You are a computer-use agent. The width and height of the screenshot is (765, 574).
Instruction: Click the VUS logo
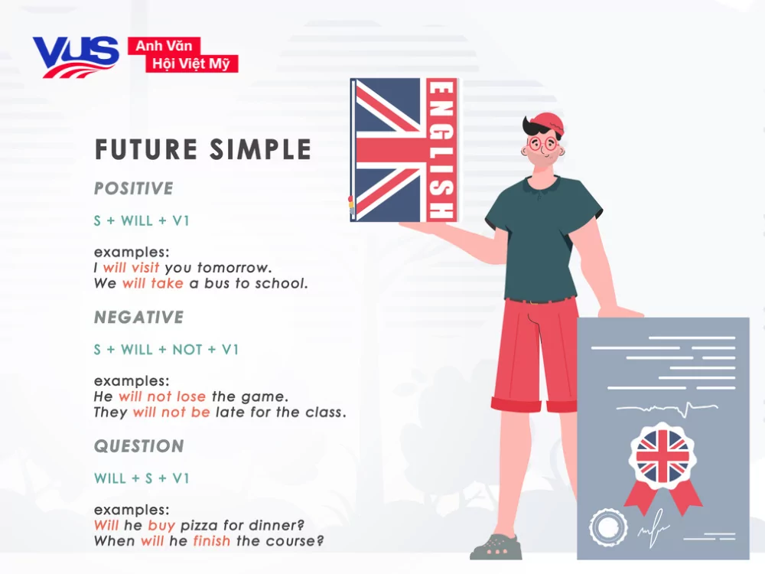tap(75, 57)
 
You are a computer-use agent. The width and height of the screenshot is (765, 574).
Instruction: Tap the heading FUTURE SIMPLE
tap(203, 150)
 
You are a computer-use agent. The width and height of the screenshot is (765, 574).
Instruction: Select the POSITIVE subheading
tap(134, 188)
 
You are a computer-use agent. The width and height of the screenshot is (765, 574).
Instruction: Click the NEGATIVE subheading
tap(139, 317)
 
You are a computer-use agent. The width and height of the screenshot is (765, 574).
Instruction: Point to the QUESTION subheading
tap(139, 446)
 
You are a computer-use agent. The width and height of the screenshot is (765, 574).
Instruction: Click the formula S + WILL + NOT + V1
tap(167, 350)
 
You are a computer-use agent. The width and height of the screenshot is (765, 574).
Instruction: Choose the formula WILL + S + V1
tap(142, 478)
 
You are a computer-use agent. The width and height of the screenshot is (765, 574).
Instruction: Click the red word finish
tap(212, 541)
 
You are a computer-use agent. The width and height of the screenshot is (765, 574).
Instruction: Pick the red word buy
tap(161, 526)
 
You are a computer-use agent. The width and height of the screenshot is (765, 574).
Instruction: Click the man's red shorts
tap(535, 352)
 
